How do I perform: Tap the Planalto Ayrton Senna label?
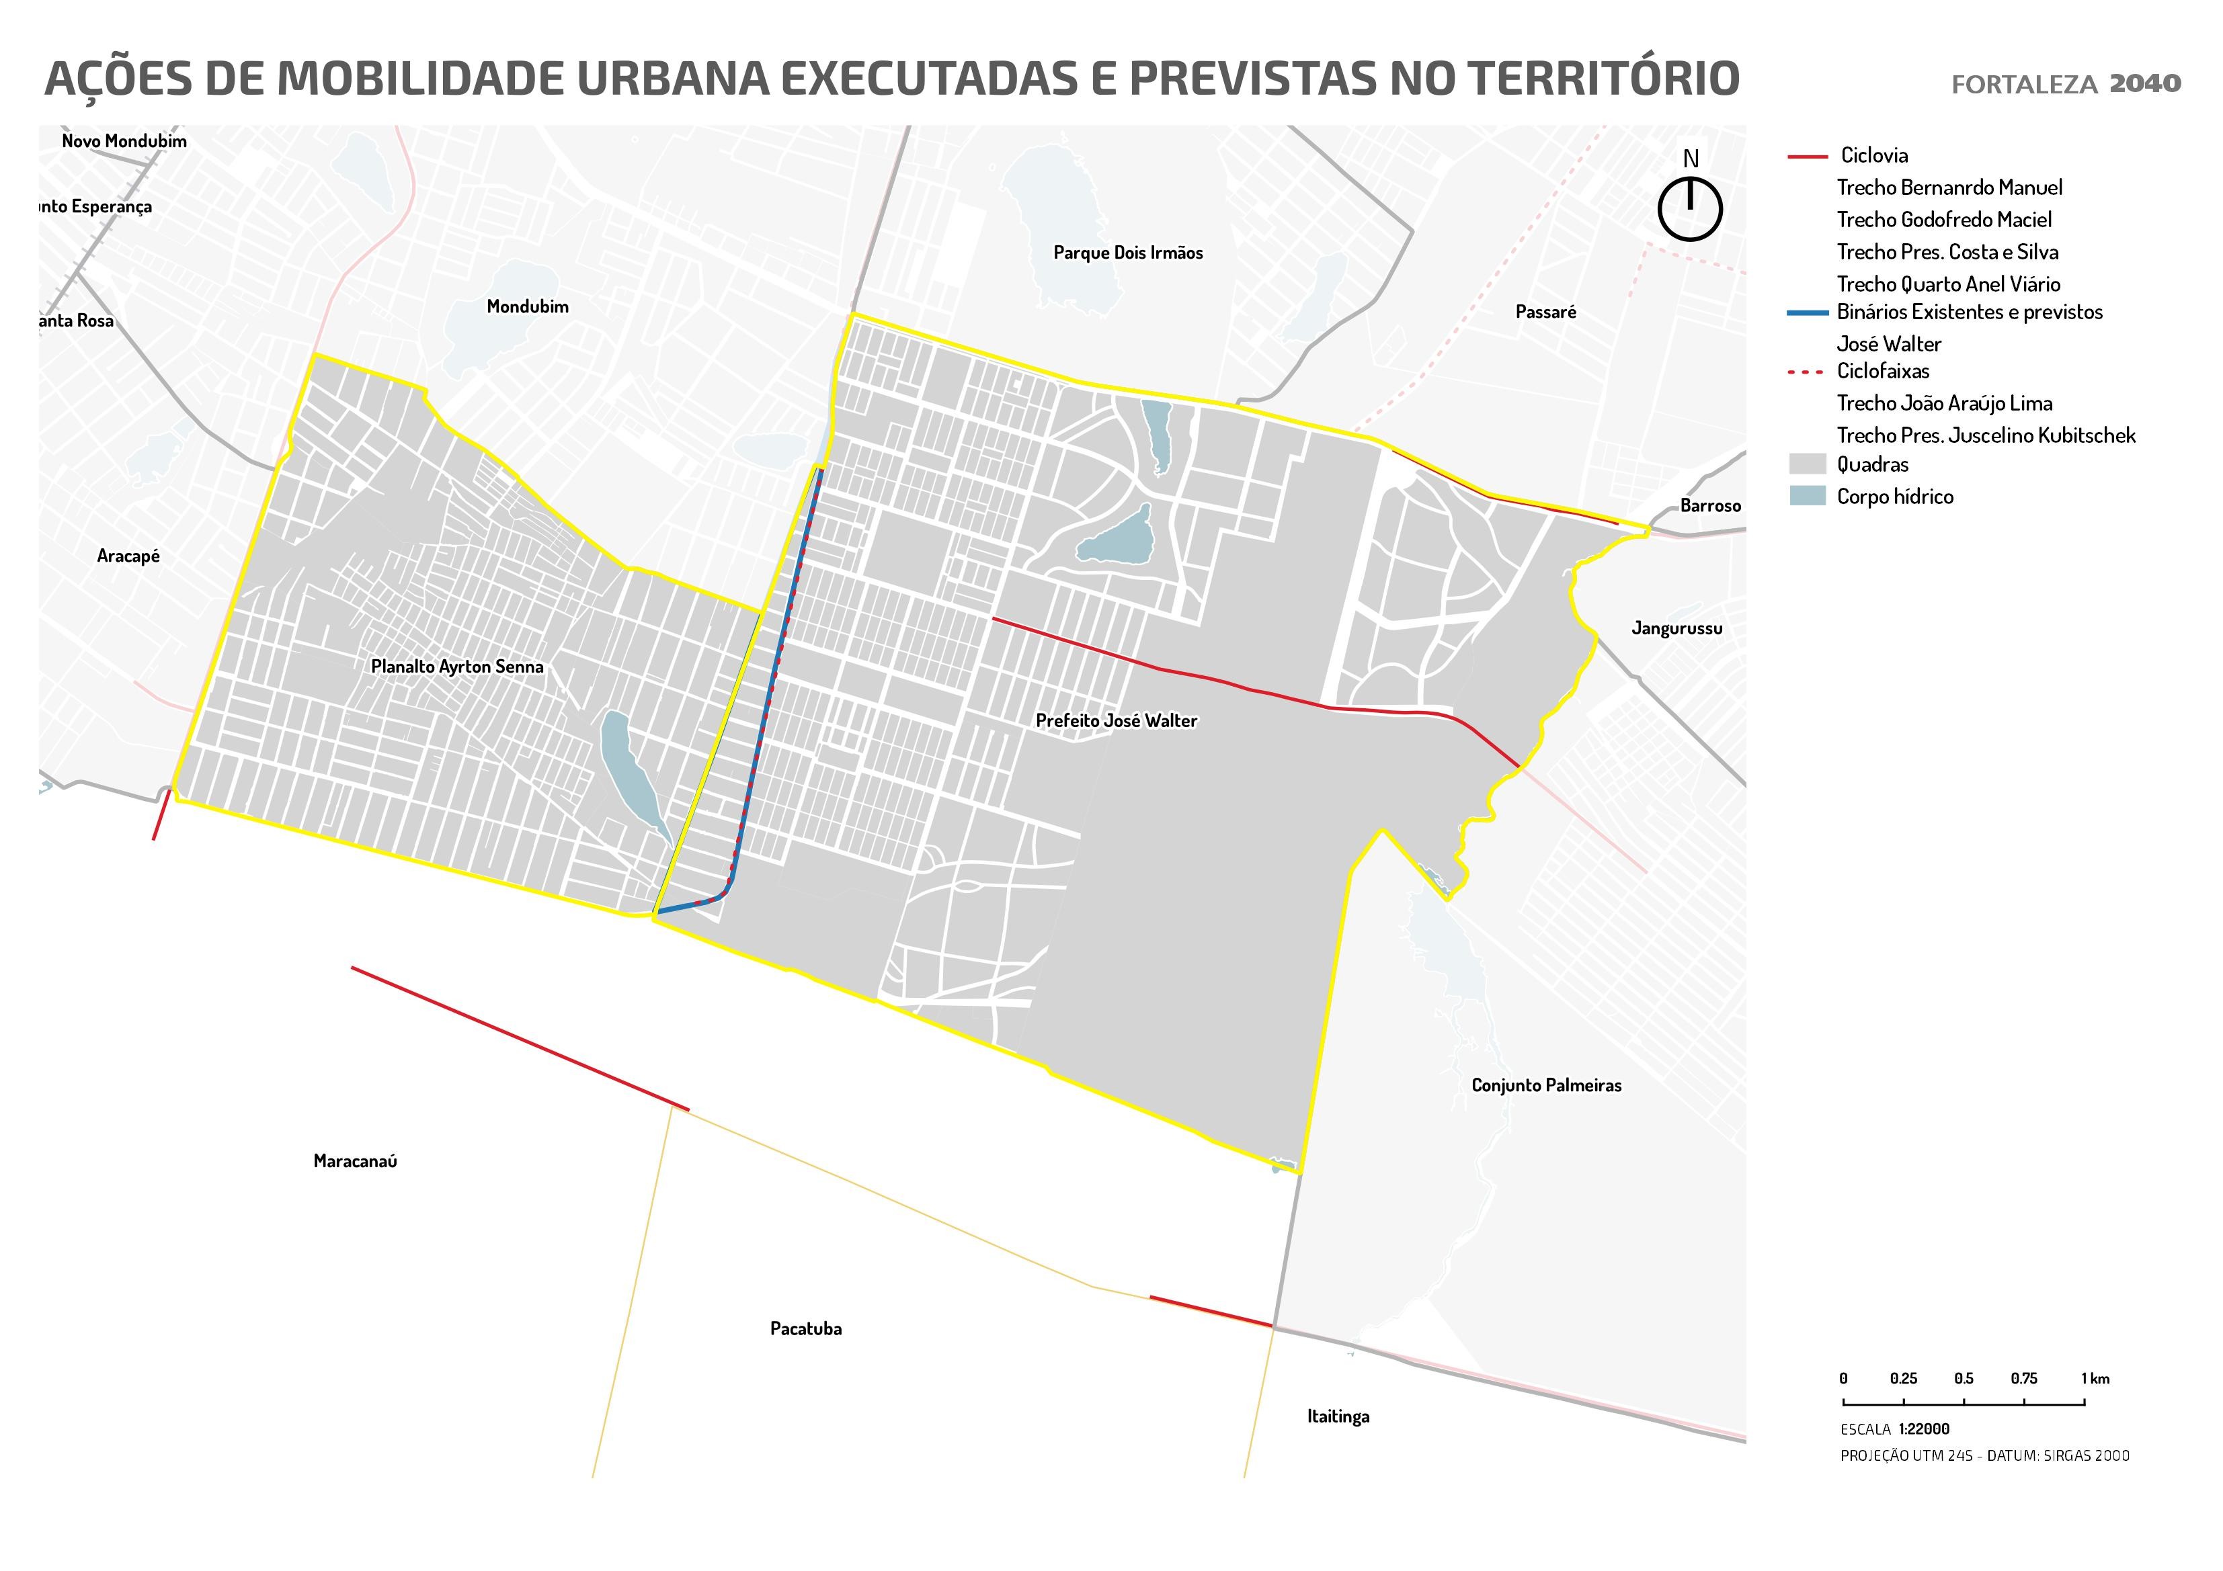point(457,667)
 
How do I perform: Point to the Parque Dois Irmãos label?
point(1127,253)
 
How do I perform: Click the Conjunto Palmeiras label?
point(1545,1086)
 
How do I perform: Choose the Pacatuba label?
point(805,1329)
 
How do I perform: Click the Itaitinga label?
point(1338,1417)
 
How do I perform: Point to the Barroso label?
point(1710,506)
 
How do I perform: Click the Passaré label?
point(1545,312)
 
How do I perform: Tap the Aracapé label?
point(128,556)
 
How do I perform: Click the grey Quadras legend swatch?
point(1807,464)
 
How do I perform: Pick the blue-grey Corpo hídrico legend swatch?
point(1807,497)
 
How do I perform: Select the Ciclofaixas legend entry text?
point(1882,372)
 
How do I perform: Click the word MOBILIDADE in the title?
point(421,79)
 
